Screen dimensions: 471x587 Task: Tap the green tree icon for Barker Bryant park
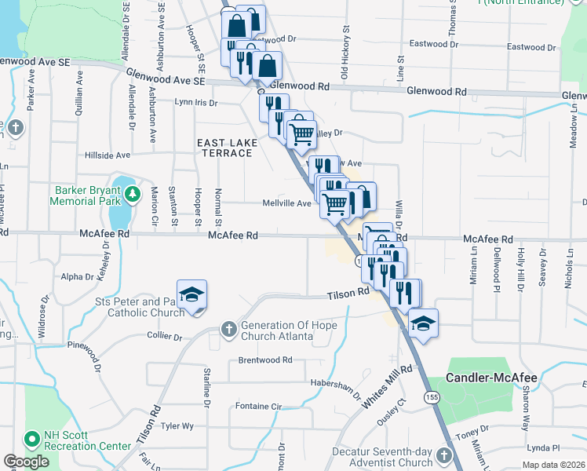point(133,192)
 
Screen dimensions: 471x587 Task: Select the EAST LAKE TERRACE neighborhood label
point(224,147)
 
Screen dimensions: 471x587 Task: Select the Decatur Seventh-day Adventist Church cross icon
point(443,455)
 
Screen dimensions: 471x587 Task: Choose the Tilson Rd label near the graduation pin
point(348,293)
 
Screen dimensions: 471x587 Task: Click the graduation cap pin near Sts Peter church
point(191,295)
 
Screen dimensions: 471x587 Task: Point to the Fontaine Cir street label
point(257,407)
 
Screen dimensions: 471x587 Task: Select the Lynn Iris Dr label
point(195,102)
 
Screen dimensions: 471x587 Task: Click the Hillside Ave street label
point(108,155)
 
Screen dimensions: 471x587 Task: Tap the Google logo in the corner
point(25,462)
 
